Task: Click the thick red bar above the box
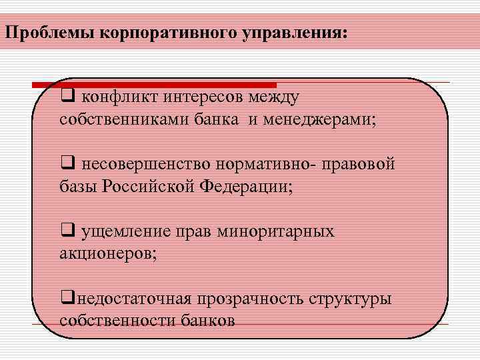pos(154,85)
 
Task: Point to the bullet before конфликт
pos(67,97)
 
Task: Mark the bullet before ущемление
pos(67,231)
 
